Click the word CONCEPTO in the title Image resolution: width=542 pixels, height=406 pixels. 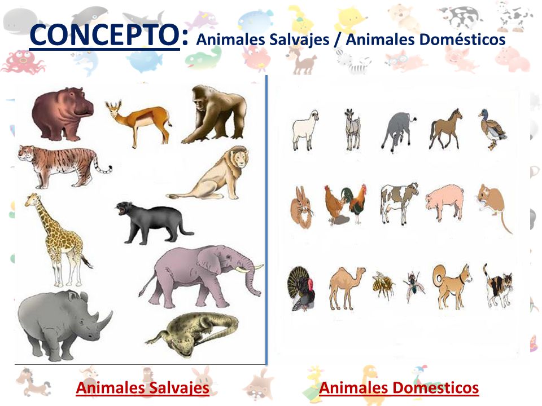104,35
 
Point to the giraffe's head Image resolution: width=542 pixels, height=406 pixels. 32,201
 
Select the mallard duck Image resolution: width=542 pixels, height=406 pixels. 492,129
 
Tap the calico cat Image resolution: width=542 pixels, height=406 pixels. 498,285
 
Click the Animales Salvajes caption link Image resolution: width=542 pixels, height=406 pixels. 142,388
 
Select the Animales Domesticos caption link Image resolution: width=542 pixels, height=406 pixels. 399,388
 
